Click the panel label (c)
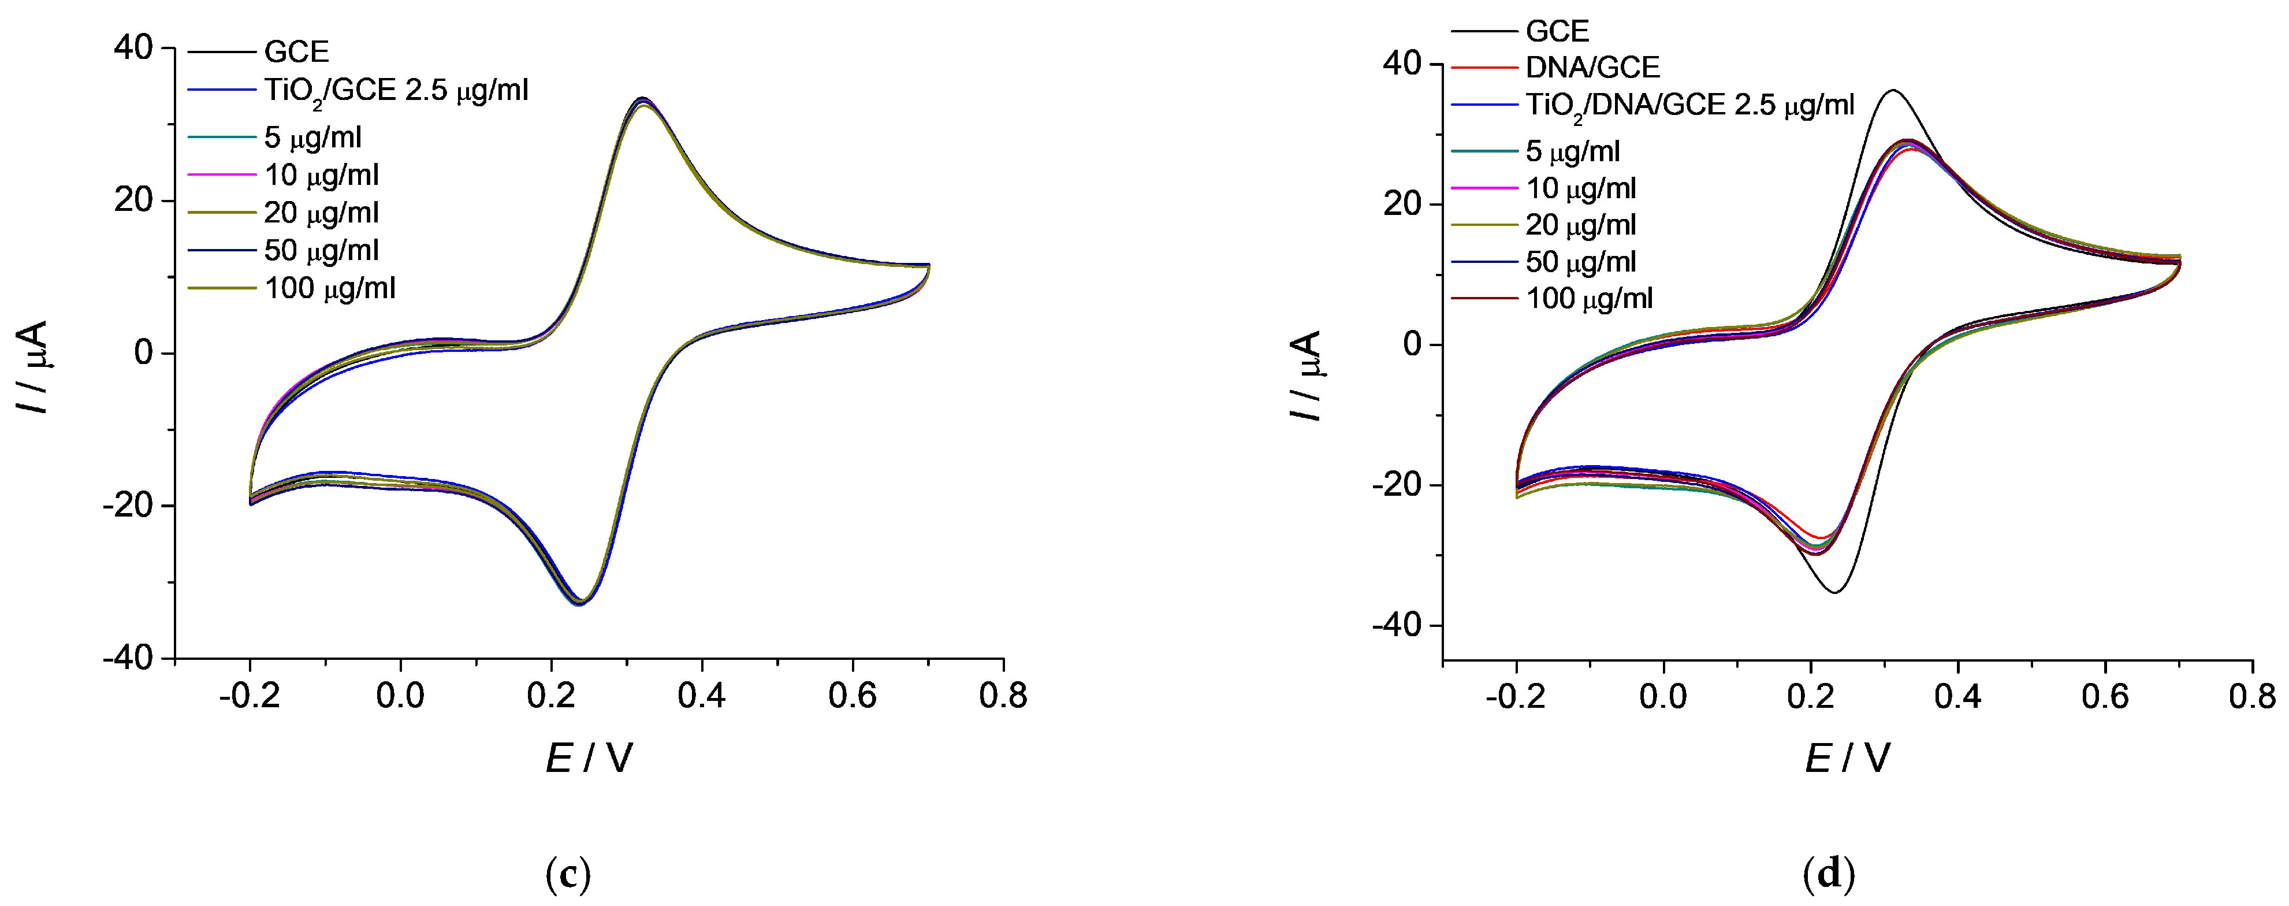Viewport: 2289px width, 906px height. [x=566, y=876]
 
